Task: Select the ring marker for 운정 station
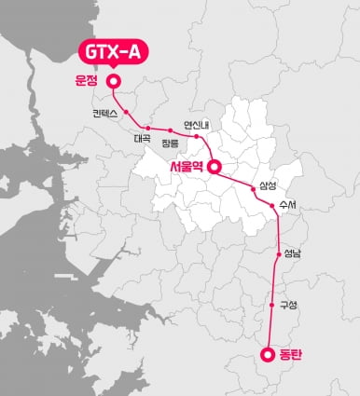pos(114,82)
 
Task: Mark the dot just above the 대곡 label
pos(147,128)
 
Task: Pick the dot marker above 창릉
pos(171,130)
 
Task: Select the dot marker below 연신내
pos(196,136)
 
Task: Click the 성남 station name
pos(291,253)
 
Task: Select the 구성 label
pos(287,305)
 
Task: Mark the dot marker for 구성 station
pos(273,305)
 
